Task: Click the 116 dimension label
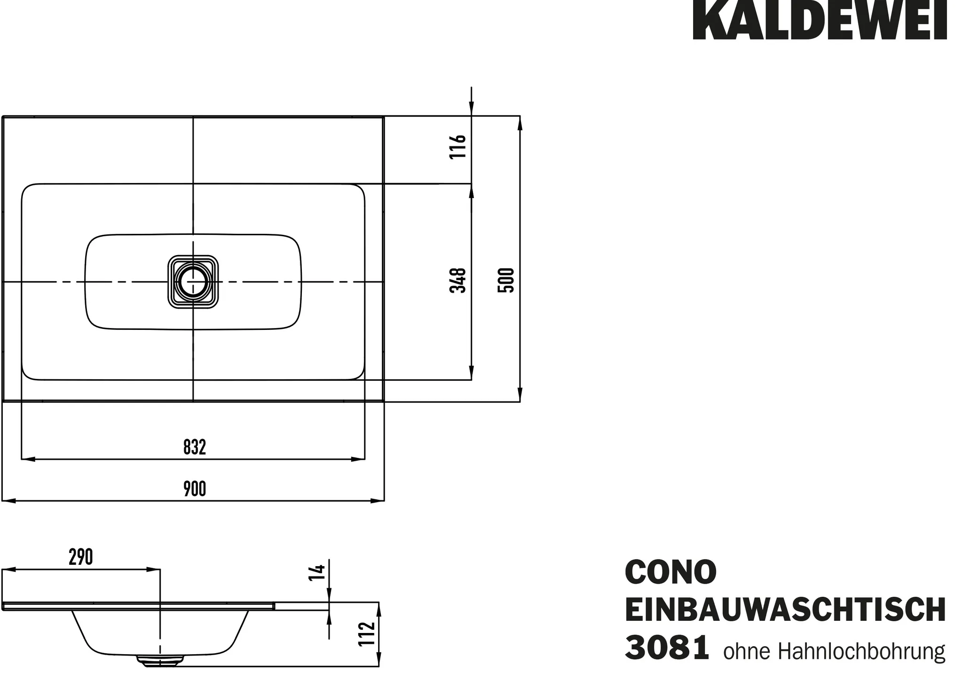pos(458,146)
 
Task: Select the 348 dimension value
pos(458,280)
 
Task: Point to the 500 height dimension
pos(506,280)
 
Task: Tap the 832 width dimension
pos(195,447)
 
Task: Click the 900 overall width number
pos(195,489)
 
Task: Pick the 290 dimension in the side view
pos(81,557)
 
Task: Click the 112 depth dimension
pos(367,634)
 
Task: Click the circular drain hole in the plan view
pos(193,281)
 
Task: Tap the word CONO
pos(671,572)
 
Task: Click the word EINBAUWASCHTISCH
pos(785,610)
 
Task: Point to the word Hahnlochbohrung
pos(861,651)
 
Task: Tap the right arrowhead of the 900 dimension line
pos(378,501)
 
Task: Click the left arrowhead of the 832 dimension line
pos(28,458)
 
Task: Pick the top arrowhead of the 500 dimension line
pos(520,123)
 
